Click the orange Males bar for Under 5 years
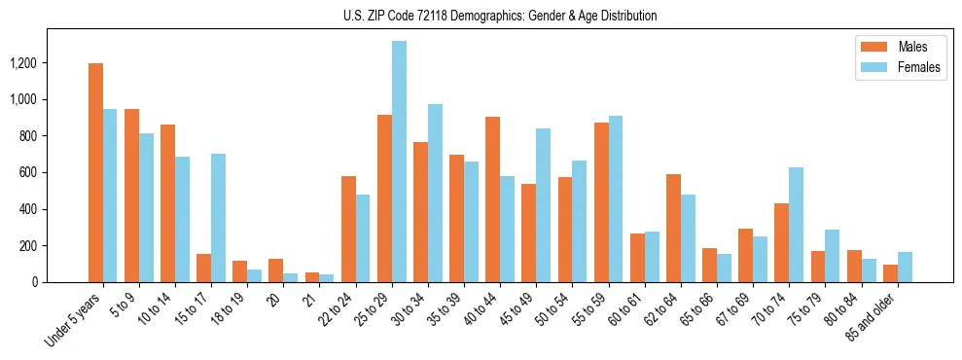(x=95, y=173)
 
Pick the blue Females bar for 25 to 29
(x=399, y=162)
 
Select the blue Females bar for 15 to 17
(x=218, y=218)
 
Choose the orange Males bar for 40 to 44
(x=492, y=199)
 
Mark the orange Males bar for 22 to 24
(x=348, y=229)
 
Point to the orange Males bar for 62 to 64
(x=673, y=228)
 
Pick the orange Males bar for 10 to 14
(x=167, y=203)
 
